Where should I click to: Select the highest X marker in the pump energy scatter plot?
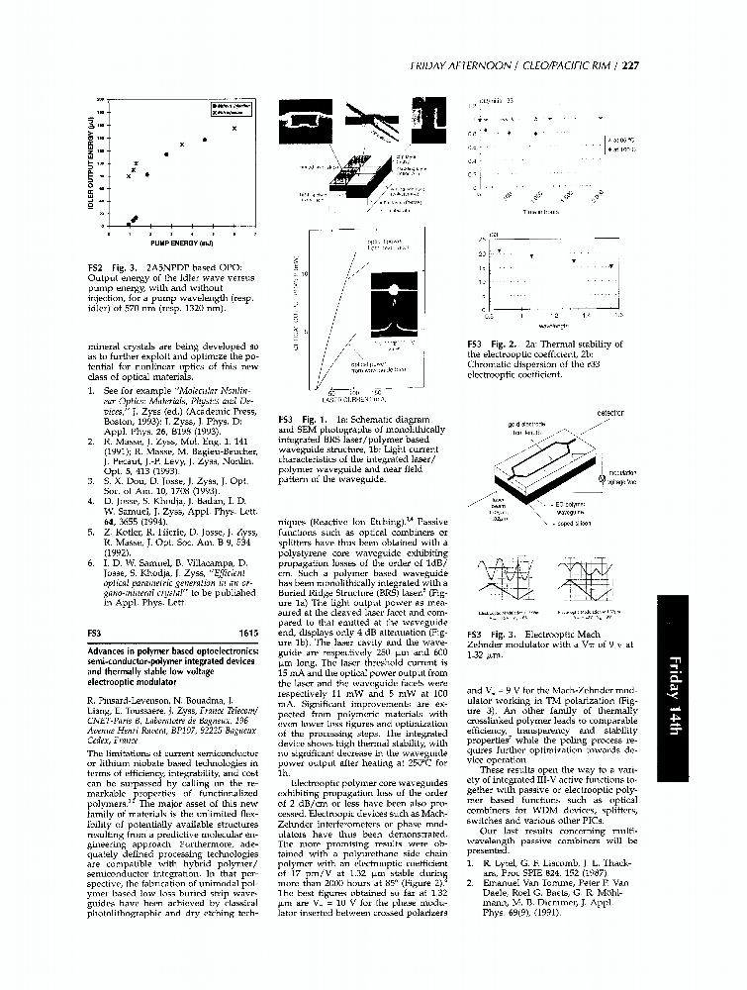tap(233, 129)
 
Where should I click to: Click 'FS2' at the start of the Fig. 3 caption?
tap(95, 268)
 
